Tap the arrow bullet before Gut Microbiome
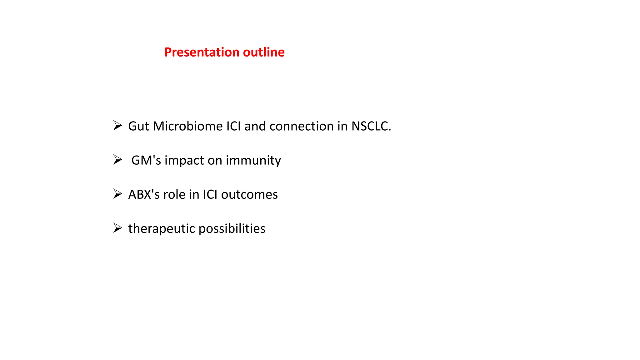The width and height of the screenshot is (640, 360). click(x=117, y=126)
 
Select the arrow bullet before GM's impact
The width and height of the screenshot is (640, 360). click(x=117, y=160)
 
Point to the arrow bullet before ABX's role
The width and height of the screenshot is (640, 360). click(x=117, y=194)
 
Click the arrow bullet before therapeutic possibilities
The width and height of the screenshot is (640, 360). click(x=117, y=228)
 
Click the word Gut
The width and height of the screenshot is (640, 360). click(x=138, y=126)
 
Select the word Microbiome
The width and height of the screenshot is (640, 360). click(x=187, y=126)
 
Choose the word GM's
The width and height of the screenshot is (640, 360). click(x=146, y=160)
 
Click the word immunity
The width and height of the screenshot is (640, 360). click(x=253, y=160)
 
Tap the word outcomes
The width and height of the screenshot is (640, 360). click(x=249, y=194)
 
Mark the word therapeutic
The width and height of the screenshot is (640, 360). click(x=162, y=229)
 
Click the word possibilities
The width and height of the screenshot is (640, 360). click(x=232, y=229)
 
